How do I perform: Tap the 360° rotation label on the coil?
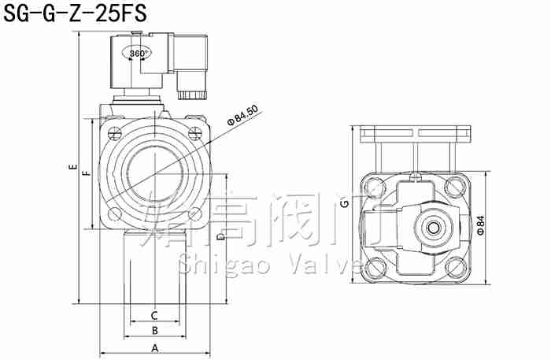click(139, 54)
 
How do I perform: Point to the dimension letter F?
click(86, 170)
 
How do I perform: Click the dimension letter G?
click(344, 205)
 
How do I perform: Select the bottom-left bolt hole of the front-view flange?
click(115, 213)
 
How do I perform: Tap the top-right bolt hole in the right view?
click(454, 187)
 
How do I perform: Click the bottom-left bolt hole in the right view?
click(372, 269)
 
